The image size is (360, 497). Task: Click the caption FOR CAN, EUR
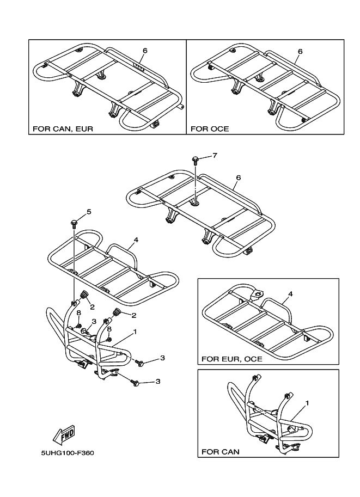coord(63,130)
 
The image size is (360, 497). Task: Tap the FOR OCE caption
coord(209,130)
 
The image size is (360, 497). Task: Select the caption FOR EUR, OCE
coord(231,359)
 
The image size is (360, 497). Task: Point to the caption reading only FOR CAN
coord(220,452)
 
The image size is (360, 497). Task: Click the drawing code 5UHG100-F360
coord(64,452)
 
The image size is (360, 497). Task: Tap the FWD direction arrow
coord(64,434)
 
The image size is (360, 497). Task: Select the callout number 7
coord(215,156)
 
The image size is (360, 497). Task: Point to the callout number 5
coord(89,212)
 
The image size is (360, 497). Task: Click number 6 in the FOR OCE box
coord(300,51)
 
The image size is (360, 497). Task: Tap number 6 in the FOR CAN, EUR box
coord(145,51)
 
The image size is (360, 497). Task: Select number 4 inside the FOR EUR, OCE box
coord(290,294)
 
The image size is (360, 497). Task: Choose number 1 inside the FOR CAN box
coord(307,403)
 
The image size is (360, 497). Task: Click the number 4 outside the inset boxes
coord(136,239)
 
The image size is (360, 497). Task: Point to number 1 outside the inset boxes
coord(135,332)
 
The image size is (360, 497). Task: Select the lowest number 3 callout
coord(158,382)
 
